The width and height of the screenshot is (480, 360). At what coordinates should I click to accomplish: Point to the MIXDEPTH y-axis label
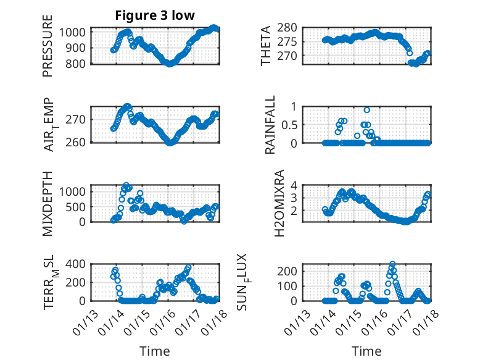point(48,204)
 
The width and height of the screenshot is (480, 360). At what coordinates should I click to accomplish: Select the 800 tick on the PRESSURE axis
point(79,63)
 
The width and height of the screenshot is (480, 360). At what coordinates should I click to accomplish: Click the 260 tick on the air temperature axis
point(79,142)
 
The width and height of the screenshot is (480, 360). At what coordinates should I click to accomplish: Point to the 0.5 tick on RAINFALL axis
point(291,124)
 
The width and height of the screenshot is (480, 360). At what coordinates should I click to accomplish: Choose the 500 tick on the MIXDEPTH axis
point(79,206)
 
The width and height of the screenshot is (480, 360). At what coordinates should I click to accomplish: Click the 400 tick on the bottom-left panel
point(79,264)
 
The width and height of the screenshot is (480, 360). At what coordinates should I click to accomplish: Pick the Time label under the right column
point(366,351)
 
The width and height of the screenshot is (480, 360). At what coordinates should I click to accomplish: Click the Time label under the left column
point(154,351)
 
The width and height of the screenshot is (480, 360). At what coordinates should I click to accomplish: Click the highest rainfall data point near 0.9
point(367,110)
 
